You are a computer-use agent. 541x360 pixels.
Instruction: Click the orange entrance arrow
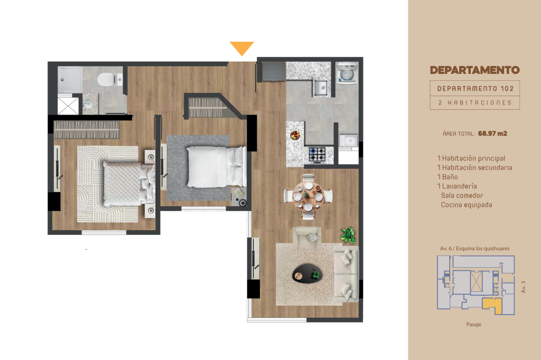pyautogui.click(x=242, y=48)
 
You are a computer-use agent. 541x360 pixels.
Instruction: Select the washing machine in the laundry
pyautogui.click(x=347, y=73)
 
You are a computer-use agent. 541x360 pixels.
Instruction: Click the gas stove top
pyautogui.click(x=317, y=155)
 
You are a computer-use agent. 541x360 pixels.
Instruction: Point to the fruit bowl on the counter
pyautogui.click(x=295, y=135)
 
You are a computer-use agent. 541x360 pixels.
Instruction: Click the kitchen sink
pyautogui.click(x=321, y=88)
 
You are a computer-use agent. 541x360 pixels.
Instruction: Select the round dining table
pyautogui.click(x=308, y=196)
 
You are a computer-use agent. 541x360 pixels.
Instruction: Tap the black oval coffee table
pyautogui.click(x=307, y=273)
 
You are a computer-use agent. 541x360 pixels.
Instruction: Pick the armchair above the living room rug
pyautogui.click(x=307, y=237)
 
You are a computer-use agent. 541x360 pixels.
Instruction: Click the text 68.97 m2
pyautogui.click(x=492, y=134)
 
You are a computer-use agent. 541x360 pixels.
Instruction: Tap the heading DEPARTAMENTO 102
pyautogui.click(x=475, y=89)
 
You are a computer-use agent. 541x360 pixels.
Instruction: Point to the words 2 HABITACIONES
pyautogui.click(x=475, y=103)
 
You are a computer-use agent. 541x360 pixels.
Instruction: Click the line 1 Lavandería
pyautogui.click(x=457, y=186)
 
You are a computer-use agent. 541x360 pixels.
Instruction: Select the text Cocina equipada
pyautogui.click(x=467, y=205)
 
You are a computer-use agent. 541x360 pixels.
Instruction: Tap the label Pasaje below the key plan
pyautogui.click(x=474, y=325)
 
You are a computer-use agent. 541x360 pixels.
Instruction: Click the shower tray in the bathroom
pyautogui.click(x=70, y=80)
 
